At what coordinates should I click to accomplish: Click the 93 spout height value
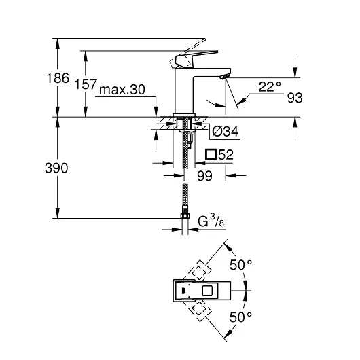pyautogui.click(x=293, y=98)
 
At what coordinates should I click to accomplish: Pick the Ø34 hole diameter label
pyautogui.click(x=223, y=132)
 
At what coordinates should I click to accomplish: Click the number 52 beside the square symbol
pyautogui.click(x=226, y=154)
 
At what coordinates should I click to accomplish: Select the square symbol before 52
pyautogui.click(x=211, y=154)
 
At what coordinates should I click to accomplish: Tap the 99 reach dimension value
pyautogui.click(x=204, y=175)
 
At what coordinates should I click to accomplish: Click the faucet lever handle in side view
pyautogui.click(x=190, y=58)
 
